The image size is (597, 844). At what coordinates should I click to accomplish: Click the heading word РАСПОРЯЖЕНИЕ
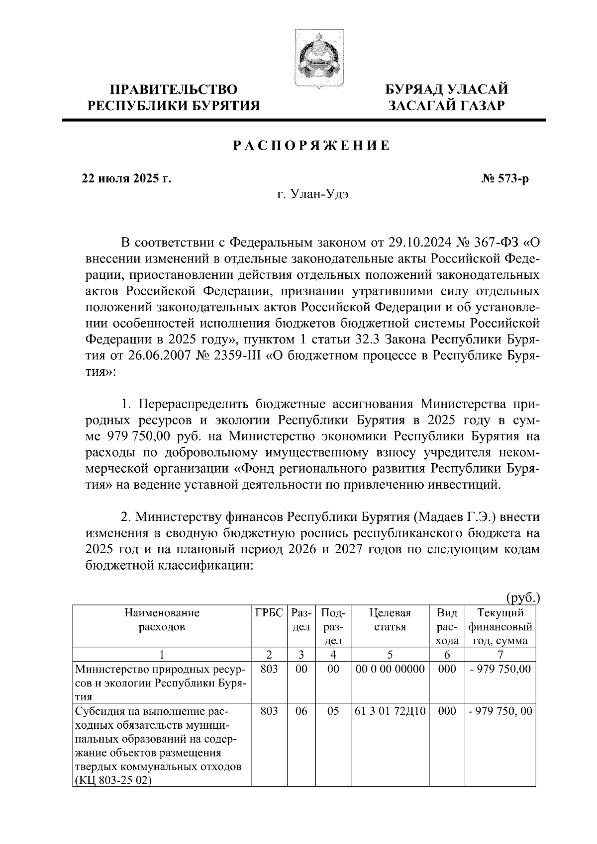click(312, 146)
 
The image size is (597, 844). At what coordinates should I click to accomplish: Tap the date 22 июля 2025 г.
click(126, 178)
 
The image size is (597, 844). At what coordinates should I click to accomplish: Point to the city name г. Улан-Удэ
click(312, 194)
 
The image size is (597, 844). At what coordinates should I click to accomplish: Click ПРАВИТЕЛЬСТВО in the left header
click(174, 90)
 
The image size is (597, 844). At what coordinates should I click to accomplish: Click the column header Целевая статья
click(390, 619)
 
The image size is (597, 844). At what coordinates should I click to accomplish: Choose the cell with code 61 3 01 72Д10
click(390, 711)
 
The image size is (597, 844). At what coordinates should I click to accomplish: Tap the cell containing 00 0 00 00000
click(390, 669)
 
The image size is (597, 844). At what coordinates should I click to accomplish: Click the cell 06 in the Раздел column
click(301, 711)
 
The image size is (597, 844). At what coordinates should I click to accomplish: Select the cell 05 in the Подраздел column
click(333, 711)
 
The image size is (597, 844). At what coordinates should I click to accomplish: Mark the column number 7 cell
click(500, 654)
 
